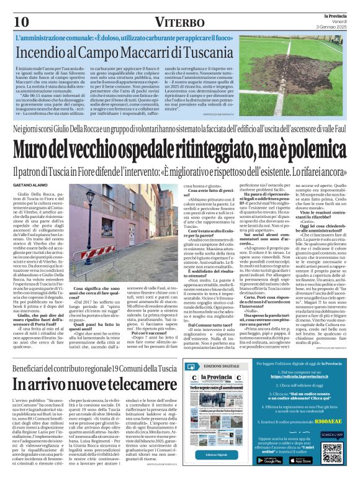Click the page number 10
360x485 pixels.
(x=21, y=21)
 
